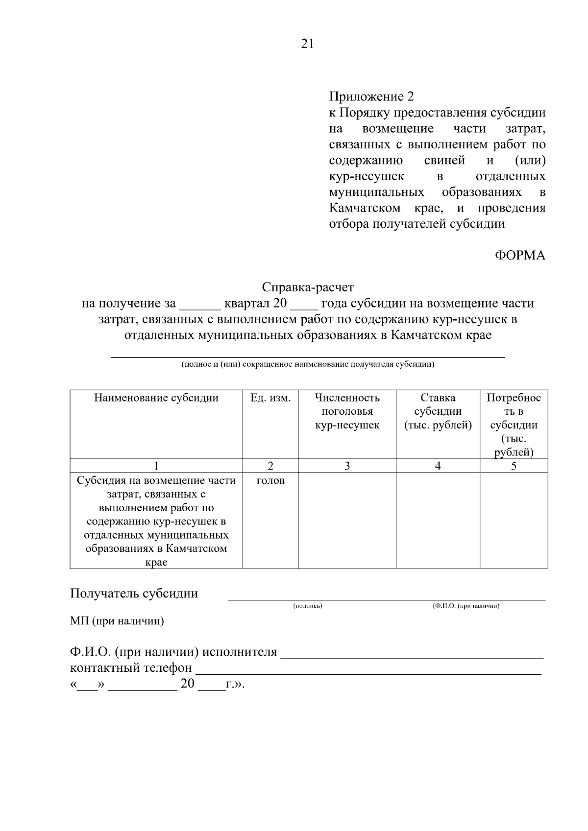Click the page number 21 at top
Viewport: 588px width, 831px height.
(307, 44)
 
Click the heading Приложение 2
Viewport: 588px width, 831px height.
(371, 96)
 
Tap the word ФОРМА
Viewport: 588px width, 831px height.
(520, 256)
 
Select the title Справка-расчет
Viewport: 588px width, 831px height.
(308, 287)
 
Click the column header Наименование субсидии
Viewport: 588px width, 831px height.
(156, 398)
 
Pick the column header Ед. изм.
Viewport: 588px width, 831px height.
(270, 398)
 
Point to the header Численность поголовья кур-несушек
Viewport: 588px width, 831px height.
(347, 411)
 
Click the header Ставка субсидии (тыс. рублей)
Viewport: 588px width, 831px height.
(438, 411)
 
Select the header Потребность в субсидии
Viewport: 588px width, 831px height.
(514, 425)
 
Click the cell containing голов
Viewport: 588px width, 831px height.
(270, 481)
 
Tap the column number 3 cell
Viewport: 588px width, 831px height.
(347, 466)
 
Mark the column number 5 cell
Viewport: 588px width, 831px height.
(514, 466)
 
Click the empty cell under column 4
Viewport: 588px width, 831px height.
(438, 520)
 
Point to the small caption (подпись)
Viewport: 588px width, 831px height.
(308, 606)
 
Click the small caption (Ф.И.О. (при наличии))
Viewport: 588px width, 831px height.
(466, 606)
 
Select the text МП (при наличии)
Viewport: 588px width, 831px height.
(117, 621)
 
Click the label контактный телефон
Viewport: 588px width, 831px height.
(131, 668)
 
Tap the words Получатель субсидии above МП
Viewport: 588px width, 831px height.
(134, 594)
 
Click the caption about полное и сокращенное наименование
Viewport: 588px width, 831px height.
(308, 365)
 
